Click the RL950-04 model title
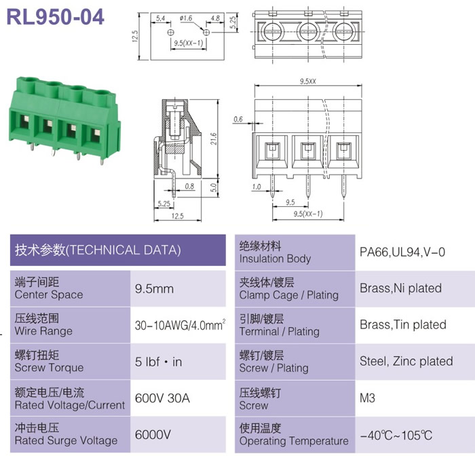pyautogui.click(x=56, y=17)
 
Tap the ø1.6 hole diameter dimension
pyautogui.click(x=186, y=18)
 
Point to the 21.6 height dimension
pyautogui.click(x=214, y=138)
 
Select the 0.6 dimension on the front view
pyautogui.click(x=238, y=119)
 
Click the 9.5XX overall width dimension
pyautogui.click(x=308, y=81)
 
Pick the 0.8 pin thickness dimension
pyautogui.click(x=189, y=186)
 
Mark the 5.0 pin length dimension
pyautogui.click(x=214, y=187)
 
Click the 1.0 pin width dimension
pyautogui.click(x=256, y=187)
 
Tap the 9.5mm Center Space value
pyautogui.click(x=154, y=288)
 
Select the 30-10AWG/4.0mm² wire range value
pyautogui.click(x=180, y=325)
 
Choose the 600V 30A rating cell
pyautogui.click(x=162, y=398)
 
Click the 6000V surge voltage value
pyautogui.click(x=153, y=435)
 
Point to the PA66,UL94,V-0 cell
pyautogui.click(x=402, y=252)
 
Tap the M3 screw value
pyautogui.click(x=367, y=398)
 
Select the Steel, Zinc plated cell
pyautogui.click(x=406, y=361)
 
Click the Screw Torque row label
pyautogui.click(x=49, y=362)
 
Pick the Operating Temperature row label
pyautogui.click(x=294, y=434)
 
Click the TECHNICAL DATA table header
pyautogui.click(x=98, y=250)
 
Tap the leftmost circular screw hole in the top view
pyautogui.click(x=272, y=32)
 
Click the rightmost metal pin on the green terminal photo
pyautogui.click(x=102, y=161)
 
